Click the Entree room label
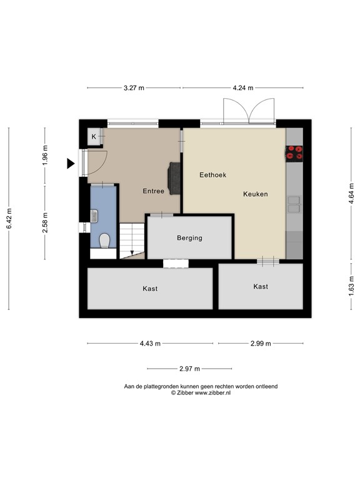click(153, 191)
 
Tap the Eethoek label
click(212, 175)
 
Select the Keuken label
click(255, 194)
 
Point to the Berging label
click(189, 238)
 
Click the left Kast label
click(150, 289)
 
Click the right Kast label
click(261, 286)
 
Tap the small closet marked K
click(94, 137)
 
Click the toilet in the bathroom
click(104, 240)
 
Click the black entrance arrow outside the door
click(71, 164)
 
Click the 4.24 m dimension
click(242, 88)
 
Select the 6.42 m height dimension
click(9, 219)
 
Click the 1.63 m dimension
click(351, 286)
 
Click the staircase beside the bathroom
click(131, 241)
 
